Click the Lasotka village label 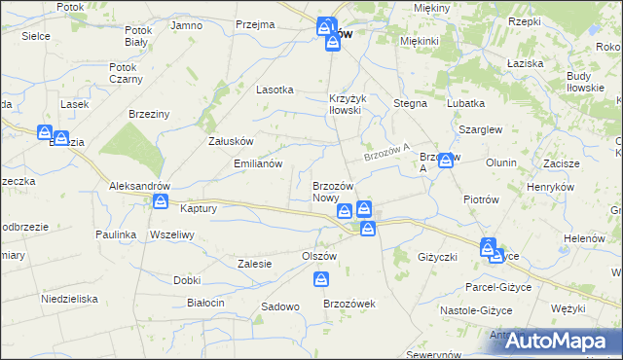(x=275, y=89)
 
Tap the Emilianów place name (x=258, y=163)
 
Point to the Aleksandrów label (x=140, y=186)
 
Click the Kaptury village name (x=199, y=208)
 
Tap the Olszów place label (x=318, y=256)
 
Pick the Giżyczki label (x=437, y=257)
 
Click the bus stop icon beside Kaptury (x=161, y=201)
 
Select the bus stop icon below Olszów (x=321, y=280)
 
